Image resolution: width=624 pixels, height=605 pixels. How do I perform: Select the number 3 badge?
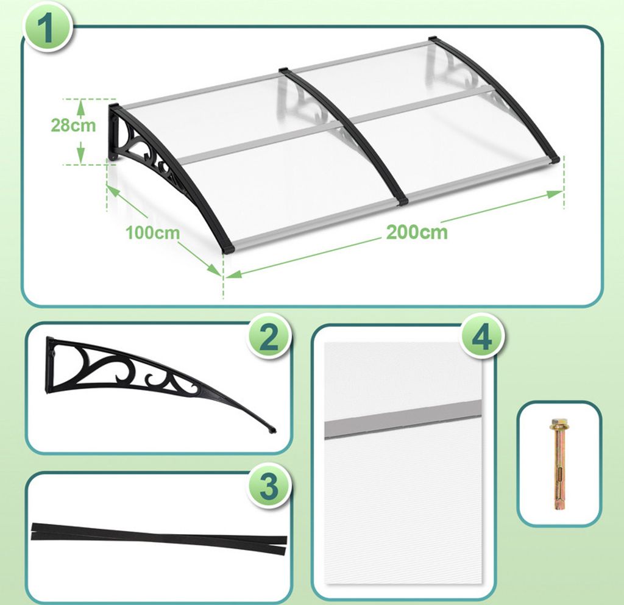tap(268, 486)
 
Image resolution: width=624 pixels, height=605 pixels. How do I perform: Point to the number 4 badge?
tap(481, 337)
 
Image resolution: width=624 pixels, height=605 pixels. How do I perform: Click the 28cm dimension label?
tap(73, 126)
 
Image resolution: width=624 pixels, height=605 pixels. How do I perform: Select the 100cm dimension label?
tap(153, 232)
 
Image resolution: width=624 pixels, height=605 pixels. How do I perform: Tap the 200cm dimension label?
tap(417, 232)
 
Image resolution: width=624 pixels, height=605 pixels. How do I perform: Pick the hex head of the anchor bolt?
tap(558, 424)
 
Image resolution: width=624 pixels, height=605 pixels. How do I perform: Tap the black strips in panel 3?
tap(159, 538)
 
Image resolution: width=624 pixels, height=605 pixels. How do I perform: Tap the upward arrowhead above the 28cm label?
tap(81, 106)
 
